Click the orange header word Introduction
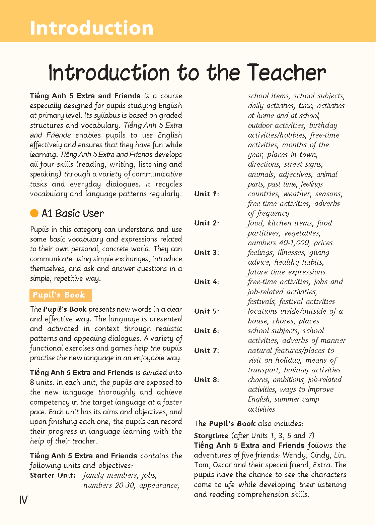click(x=91, y=28)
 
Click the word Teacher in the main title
click(x=286, y=73)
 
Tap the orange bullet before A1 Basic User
click(x=34, y=213)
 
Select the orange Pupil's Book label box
click(x=60, y=295)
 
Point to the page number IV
click(x=23, y=500)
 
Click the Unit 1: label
click(x=207, y=194)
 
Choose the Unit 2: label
click(x=207, y=223)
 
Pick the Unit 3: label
click(x=207, y=253)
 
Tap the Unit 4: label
click(x=207, y=282)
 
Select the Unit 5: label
click(x=207, y=311)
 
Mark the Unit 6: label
click(x=207, y=331)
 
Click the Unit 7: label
click(x=207, y=351)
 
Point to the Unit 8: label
click(x=207, y=380)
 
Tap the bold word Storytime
click(x=211, y=436)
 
